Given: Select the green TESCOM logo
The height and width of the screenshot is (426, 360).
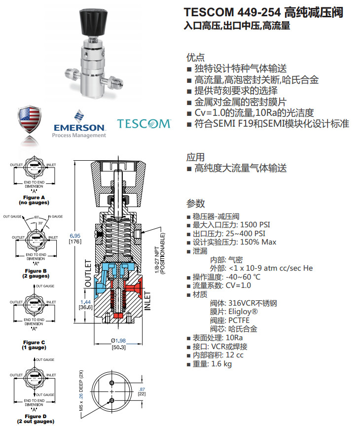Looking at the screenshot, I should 144,124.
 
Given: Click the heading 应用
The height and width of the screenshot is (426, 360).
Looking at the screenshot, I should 195,157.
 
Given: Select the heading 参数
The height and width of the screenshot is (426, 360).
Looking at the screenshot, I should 195,204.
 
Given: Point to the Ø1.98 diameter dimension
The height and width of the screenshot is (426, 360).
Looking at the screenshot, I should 118,341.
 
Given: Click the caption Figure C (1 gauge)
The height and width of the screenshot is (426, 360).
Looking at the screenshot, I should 34,345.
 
